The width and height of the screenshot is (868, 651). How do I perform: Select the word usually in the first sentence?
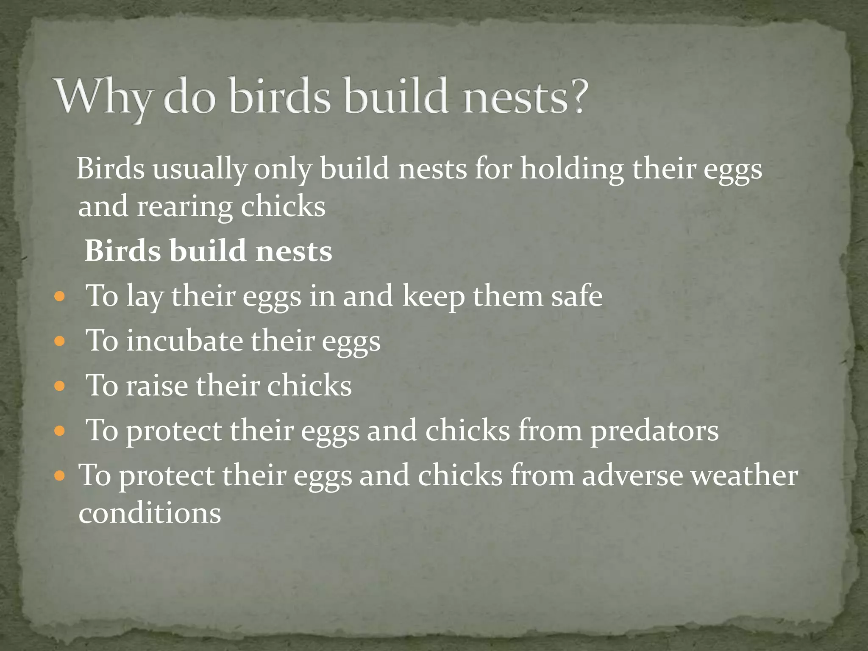click(199, 170)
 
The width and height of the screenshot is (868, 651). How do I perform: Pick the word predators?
click(654, 431)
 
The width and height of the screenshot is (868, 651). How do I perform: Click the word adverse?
click(632, 476)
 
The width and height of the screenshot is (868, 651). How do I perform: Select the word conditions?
click(150, 513)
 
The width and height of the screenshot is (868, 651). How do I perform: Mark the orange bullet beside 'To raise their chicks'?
click(60, 386)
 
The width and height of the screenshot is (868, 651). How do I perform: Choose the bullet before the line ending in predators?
click(60, 431)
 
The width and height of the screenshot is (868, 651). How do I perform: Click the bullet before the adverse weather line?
click(60, 476)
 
